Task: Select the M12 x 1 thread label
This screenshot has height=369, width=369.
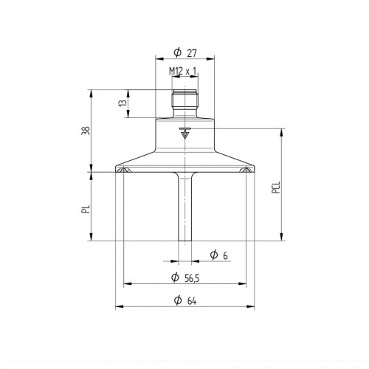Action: [x=184, y=70]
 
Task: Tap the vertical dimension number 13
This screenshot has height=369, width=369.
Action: [x=121, y=104]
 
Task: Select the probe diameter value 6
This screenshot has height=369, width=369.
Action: [x=224, y=255]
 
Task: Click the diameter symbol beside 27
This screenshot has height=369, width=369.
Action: [x=177, y=52]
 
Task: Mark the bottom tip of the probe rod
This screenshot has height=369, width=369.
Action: [x=184, y=239]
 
